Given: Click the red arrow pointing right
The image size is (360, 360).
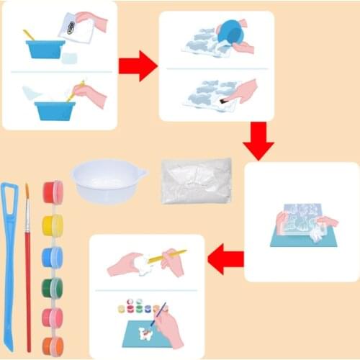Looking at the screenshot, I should click(138, 66).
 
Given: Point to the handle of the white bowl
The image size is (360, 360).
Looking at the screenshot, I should click(140, 174).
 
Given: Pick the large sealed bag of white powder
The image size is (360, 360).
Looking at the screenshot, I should click(196, 180).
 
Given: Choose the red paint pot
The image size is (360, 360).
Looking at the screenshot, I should click(53, 192).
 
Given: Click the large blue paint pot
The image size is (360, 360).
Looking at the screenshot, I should click(53, 256).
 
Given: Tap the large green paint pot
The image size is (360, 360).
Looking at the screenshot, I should click(53, 287).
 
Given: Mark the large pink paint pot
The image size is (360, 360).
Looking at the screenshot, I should click(53, 317).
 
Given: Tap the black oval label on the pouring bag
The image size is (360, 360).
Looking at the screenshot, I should click(71, 28).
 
